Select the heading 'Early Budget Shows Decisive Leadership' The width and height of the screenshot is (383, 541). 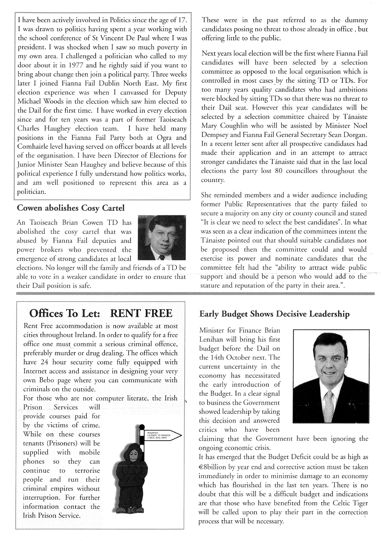(275, 314)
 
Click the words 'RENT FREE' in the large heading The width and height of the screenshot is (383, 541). (141, 313)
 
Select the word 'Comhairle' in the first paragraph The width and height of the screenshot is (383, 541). (33, 146)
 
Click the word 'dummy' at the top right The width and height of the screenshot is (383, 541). (355, 20)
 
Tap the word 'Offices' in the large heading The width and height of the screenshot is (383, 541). (48, 313)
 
